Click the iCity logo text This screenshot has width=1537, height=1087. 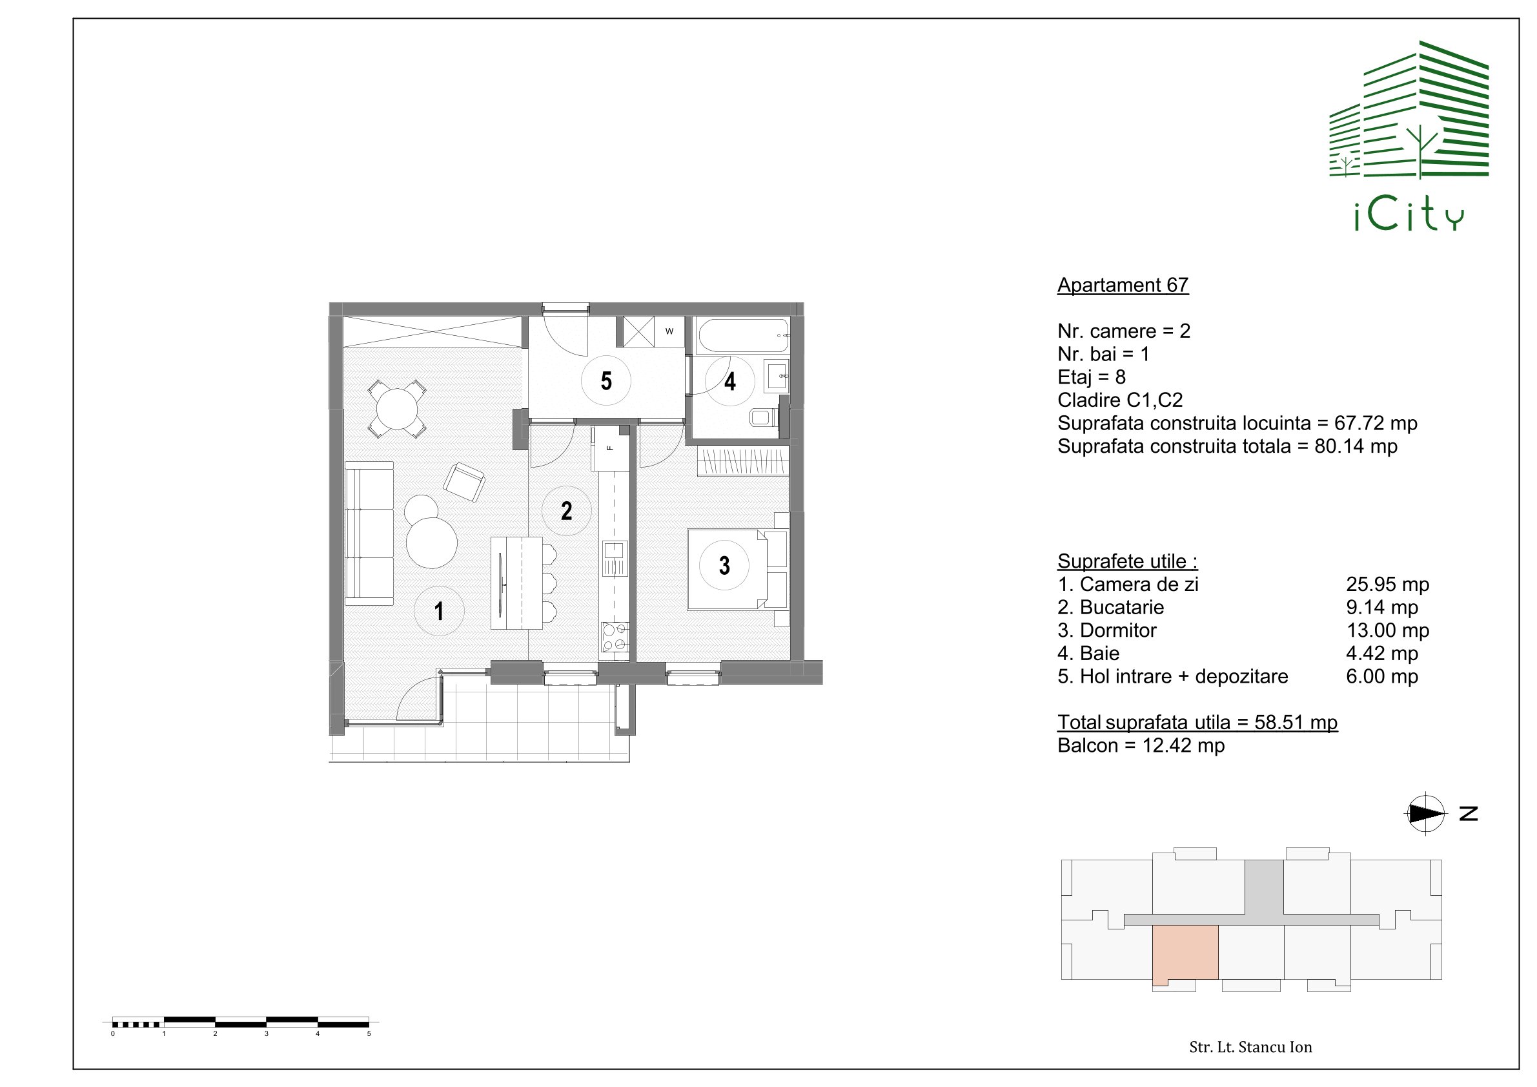[x=1409, y=216]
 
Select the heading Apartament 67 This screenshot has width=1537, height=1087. [x=1123, y=285]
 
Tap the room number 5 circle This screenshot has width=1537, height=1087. [x=606, y=380]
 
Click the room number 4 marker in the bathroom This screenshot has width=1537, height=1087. [x=729, y=381]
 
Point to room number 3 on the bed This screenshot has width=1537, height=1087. [x=724, y=565]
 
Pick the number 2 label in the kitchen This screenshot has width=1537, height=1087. [x=566, y=511]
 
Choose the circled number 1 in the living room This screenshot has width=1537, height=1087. [x=439, y=611]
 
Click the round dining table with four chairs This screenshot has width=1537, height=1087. [x=397, y=409]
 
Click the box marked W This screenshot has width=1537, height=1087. [x=669, y=331]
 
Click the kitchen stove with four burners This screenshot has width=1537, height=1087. [x=616, y=637]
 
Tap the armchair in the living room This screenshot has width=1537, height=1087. [x=464, y=482]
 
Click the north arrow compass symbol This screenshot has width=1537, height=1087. [x=1425, y=814]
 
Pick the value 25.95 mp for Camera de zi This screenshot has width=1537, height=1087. [x=1388, y=585]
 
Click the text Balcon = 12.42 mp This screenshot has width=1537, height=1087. [x=1141, y=745]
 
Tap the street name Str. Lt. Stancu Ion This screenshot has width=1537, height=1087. [x=1250, y=1048]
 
